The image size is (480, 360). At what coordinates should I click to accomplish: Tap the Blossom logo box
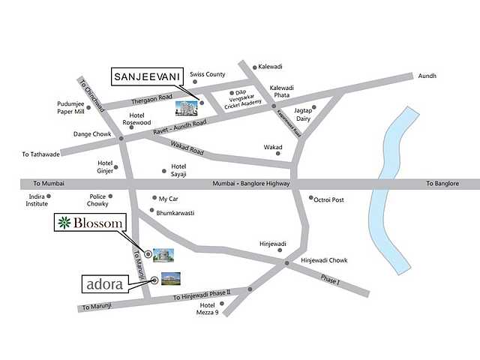click(90, 222)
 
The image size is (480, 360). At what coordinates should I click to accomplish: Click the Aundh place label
click(427, 76)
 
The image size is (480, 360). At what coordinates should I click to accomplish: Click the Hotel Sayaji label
click(178, 169)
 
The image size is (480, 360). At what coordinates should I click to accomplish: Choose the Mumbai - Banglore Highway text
click(250, 184)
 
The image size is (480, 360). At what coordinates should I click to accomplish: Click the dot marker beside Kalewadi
click(254, 66)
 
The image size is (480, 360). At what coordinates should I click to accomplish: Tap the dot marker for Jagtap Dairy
click(313, 107)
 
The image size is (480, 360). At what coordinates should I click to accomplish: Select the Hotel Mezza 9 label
click(208, 309)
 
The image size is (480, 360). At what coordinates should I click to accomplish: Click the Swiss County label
click(208, 75)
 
